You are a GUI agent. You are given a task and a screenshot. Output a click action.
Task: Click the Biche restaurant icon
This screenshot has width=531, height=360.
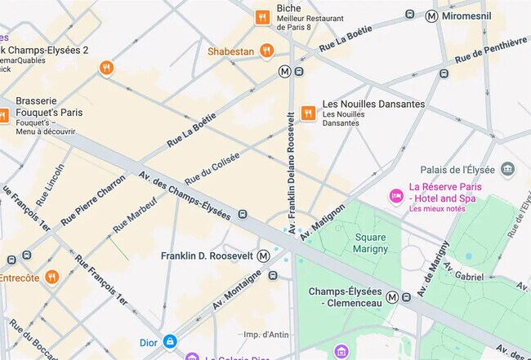pos(262,16)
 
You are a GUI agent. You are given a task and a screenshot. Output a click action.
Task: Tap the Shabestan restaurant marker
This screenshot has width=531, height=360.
pos(266,51)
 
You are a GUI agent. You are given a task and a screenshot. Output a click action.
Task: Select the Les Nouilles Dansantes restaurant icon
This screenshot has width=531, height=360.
pos(308,113)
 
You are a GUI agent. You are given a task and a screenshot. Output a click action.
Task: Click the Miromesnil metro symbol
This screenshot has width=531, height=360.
pos(431,16)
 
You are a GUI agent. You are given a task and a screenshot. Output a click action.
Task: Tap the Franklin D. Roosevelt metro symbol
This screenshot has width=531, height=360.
pos(263,256)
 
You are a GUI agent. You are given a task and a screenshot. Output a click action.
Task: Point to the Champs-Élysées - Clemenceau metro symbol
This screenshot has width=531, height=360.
pos(394,297)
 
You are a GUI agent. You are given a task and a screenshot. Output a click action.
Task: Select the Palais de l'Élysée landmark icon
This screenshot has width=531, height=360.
pos(508,169)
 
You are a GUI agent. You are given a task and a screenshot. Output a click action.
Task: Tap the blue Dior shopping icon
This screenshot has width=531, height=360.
pos(170,340)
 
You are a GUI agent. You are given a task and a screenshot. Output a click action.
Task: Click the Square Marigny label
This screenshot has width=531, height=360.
pos(370,243)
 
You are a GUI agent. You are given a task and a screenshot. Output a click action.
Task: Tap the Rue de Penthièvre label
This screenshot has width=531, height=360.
pos(490,51)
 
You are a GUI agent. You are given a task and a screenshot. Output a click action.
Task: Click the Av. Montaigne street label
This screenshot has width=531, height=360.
pos(237,290)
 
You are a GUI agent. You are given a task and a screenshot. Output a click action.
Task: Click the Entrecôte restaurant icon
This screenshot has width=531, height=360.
pos(52,277)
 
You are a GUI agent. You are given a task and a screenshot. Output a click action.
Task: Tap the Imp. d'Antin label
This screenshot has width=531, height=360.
pos(267,334)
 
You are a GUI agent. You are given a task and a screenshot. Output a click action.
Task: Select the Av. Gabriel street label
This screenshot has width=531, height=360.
pos(465,277)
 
